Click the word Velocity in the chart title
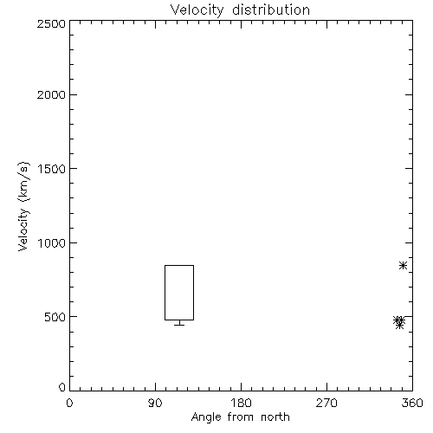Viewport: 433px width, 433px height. point(197,10)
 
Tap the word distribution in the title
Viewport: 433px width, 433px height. point(271,10)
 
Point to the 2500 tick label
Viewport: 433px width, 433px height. point(51,23)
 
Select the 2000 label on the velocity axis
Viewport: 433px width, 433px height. point(51,94)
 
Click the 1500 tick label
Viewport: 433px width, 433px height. point(52,169)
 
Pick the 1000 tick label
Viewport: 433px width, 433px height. point(52,242)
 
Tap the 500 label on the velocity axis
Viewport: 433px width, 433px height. point(55,317)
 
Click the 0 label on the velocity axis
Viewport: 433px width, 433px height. point(62,387)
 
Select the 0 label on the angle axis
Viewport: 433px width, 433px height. point(69,403)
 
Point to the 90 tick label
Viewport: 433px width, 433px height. point(155,403)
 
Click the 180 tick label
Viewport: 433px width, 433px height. point(241,403)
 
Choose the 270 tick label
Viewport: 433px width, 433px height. point(326,403)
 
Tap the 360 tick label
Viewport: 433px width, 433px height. point(412,403)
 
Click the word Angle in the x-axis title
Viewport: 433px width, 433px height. point(206,417)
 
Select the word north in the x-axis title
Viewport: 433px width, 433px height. point(275,417)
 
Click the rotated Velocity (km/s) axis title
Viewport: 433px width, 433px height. point(23,206)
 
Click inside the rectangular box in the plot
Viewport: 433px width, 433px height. point(179,293)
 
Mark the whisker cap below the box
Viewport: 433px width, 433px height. point(179,325)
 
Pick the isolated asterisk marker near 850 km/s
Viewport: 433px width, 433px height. point(403,265)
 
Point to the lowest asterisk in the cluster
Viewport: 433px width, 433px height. point(399,326)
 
